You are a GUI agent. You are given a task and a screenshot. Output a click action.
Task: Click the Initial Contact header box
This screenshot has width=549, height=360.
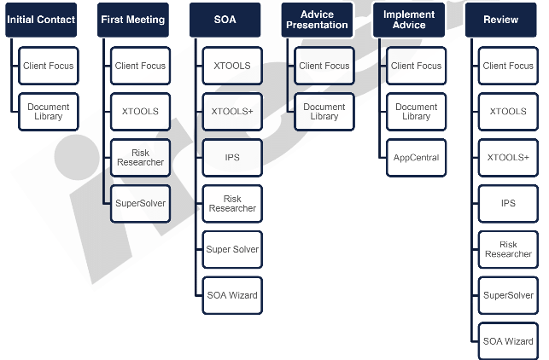pyautogui.click(x=41, y=20)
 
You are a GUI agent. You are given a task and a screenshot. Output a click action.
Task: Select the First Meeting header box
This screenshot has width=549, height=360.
pyautogui.click(x=132, y=20)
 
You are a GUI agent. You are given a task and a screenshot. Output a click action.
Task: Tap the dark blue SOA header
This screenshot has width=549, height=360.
pyautogui.click(x=225, y=20)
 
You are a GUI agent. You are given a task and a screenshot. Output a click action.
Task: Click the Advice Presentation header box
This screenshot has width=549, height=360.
pyautogui.click(x=317, y=20)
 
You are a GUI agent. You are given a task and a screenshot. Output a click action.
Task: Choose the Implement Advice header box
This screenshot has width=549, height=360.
pyautogui.click(x=408, y=20)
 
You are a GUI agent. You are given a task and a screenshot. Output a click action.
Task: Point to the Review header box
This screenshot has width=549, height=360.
pyautogui.click(x=501, y=20)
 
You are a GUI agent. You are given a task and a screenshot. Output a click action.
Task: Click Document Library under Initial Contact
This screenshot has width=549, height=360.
pyautogui.click(x=49, y=112)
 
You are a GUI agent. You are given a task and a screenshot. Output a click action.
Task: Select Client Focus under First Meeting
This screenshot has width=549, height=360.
pyautogui.click(x=141, y=66)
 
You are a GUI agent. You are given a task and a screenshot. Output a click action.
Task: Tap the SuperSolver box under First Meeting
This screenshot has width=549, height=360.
pyautogui.click(x=141, y=203)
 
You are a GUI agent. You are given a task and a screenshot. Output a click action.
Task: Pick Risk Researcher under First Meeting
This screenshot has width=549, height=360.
pyautogui.click(x=141, y=157)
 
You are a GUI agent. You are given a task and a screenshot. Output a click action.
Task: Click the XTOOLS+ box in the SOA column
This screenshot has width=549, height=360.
pyautogui.click(x=232, y=112)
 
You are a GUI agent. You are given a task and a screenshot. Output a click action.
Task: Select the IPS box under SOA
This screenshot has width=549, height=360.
pyautogui.click(x=232, y=158)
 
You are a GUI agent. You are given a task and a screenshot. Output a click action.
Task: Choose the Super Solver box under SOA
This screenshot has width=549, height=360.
pyautogui.click(x=232, y=249)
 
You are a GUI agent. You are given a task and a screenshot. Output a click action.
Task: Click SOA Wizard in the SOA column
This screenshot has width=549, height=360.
pyautogui.click(x=232, y=295)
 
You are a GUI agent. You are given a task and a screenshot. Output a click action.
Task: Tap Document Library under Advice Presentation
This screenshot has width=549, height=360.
pyautogui.click(x=324, y=112)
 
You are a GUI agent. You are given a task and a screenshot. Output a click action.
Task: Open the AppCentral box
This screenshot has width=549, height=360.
pyautogui.click(x=417, y=158)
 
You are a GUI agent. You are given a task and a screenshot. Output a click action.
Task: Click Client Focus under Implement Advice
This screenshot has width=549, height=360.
pyautogui.click(x=417, y=66)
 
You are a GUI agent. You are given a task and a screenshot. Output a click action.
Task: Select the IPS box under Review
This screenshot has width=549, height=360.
pyautogui.click(x=508, y=204)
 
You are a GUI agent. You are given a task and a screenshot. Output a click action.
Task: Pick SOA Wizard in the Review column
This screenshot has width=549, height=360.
pyautogui.click(x=508, y=341)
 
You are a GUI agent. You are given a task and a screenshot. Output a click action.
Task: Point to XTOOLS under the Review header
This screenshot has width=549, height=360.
pyautogui.click(x=508, y=112)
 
